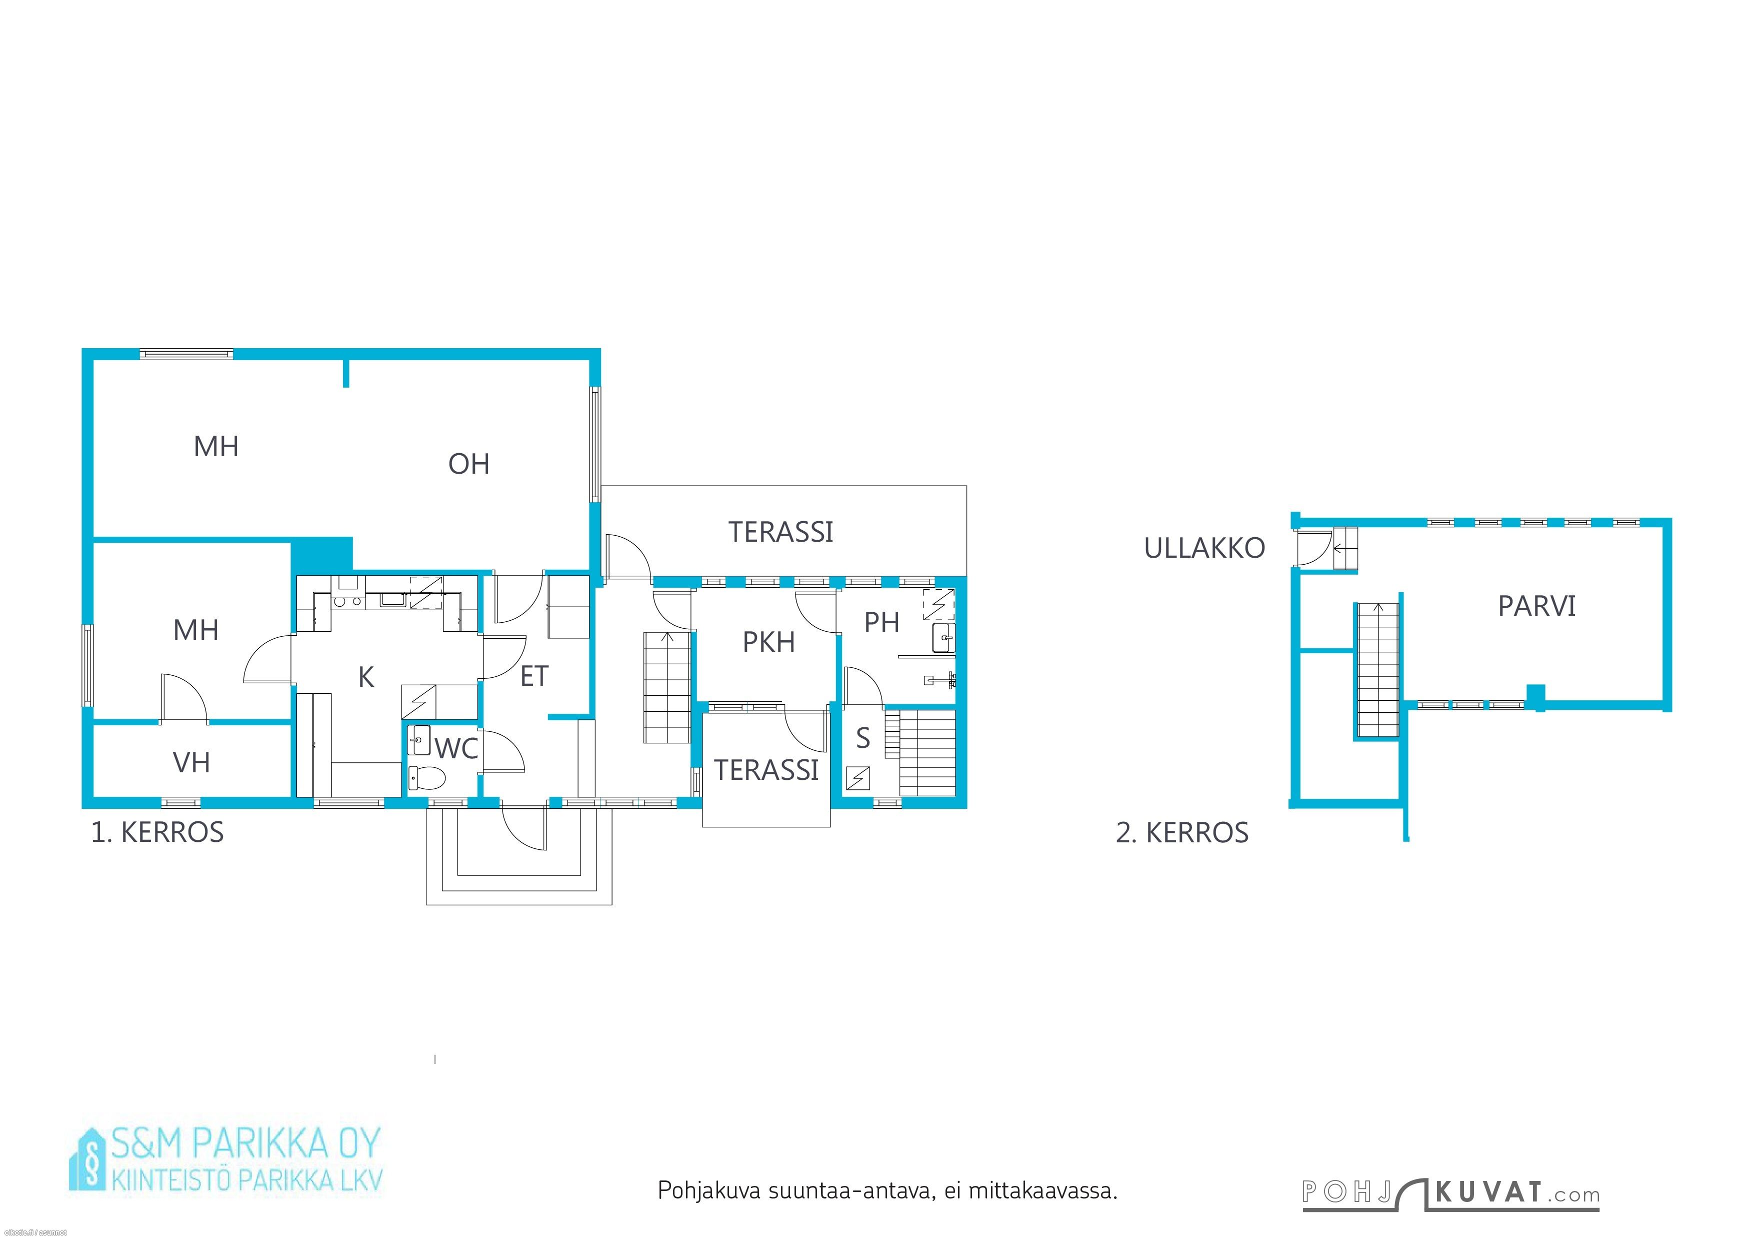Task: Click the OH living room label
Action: tap(468, 464)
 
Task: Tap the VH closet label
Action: tap(191, 763)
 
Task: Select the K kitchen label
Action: tap(366, 677)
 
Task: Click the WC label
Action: tap(457, 749)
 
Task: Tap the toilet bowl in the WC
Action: tap(426, 778)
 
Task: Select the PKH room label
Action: tap(768, 643)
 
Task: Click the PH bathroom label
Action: tap(881, 623)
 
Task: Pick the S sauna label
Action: tap(863, 738)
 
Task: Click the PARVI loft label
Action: tap(1536, 606)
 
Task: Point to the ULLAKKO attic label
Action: tap(1204, 548)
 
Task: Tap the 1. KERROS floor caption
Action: tap(157, 832)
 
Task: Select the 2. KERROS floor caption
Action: tap(1182, 833)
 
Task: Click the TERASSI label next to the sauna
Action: tap(766, 770)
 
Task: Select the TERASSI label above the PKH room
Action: tap(780, 532)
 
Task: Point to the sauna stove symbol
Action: tap(858, 778)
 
